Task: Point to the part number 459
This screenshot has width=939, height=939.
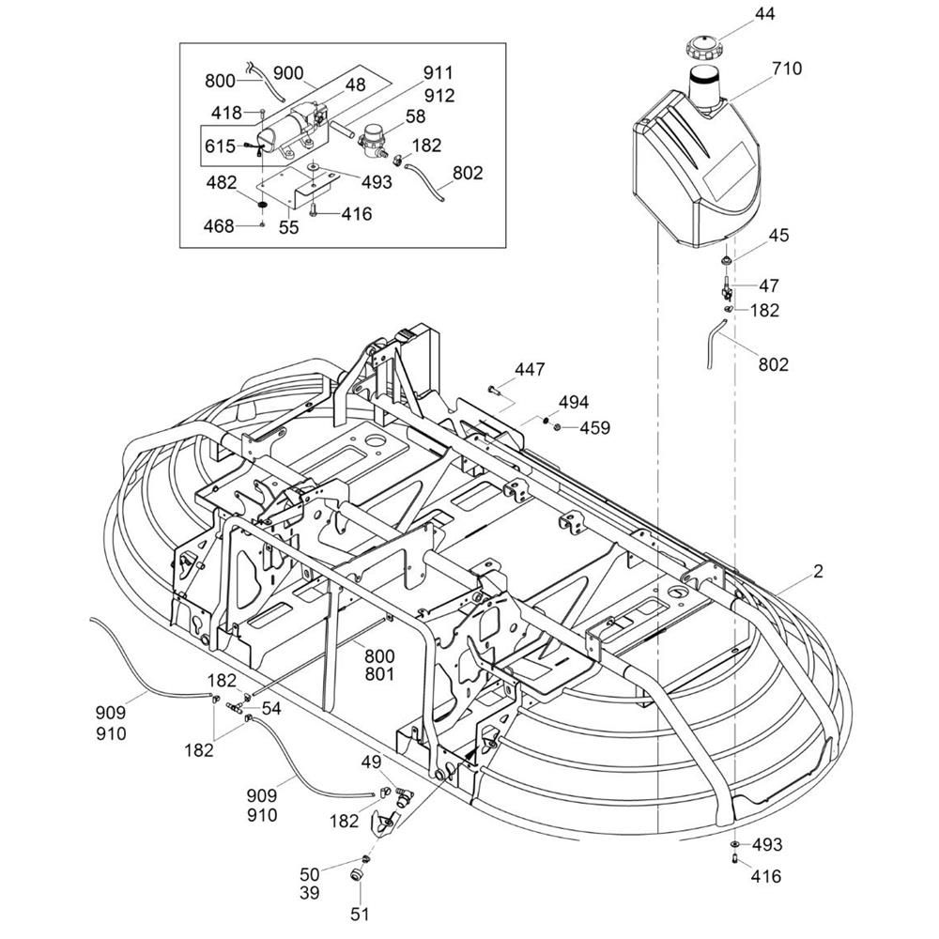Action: point(593,428)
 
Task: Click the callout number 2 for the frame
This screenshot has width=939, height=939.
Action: point(819,571)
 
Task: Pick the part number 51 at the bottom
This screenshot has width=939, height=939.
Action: point(361,913)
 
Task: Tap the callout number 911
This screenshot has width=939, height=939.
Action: point(439,72)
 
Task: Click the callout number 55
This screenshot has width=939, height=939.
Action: point(288,227)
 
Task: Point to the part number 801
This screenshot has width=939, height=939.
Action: point(379,673)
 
